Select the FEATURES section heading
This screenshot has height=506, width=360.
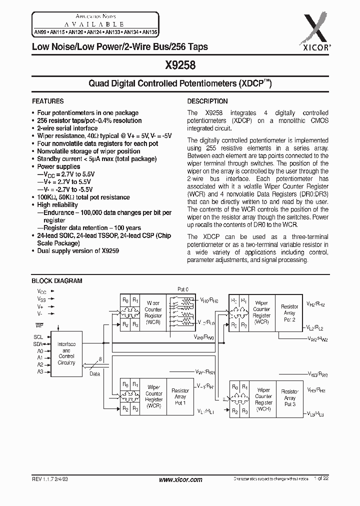click(x=47, y=101)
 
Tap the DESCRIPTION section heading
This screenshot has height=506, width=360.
click(x=207, y=101)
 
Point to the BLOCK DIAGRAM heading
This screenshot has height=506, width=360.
click(x=57, y=281)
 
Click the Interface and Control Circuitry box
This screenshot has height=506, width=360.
click(x=66, y=353)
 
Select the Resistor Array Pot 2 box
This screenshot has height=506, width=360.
click(x=289, y=312)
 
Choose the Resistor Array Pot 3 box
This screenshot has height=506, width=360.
click(x=290, y=398)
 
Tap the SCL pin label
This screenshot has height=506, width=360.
click(x=38, y=337)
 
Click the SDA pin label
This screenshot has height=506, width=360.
click(x=38, y=344)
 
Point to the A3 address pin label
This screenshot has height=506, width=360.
click(x=40, y=371)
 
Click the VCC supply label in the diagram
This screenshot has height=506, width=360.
click(x=41, y=290)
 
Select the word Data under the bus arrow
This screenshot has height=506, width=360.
click(x=94, y=373)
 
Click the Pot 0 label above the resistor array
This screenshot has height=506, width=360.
click(x=183, y=289)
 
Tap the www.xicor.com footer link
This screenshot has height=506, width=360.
click(x=180, y=479)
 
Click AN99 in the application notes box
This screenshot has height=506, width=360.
click(x=40, y=31)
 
